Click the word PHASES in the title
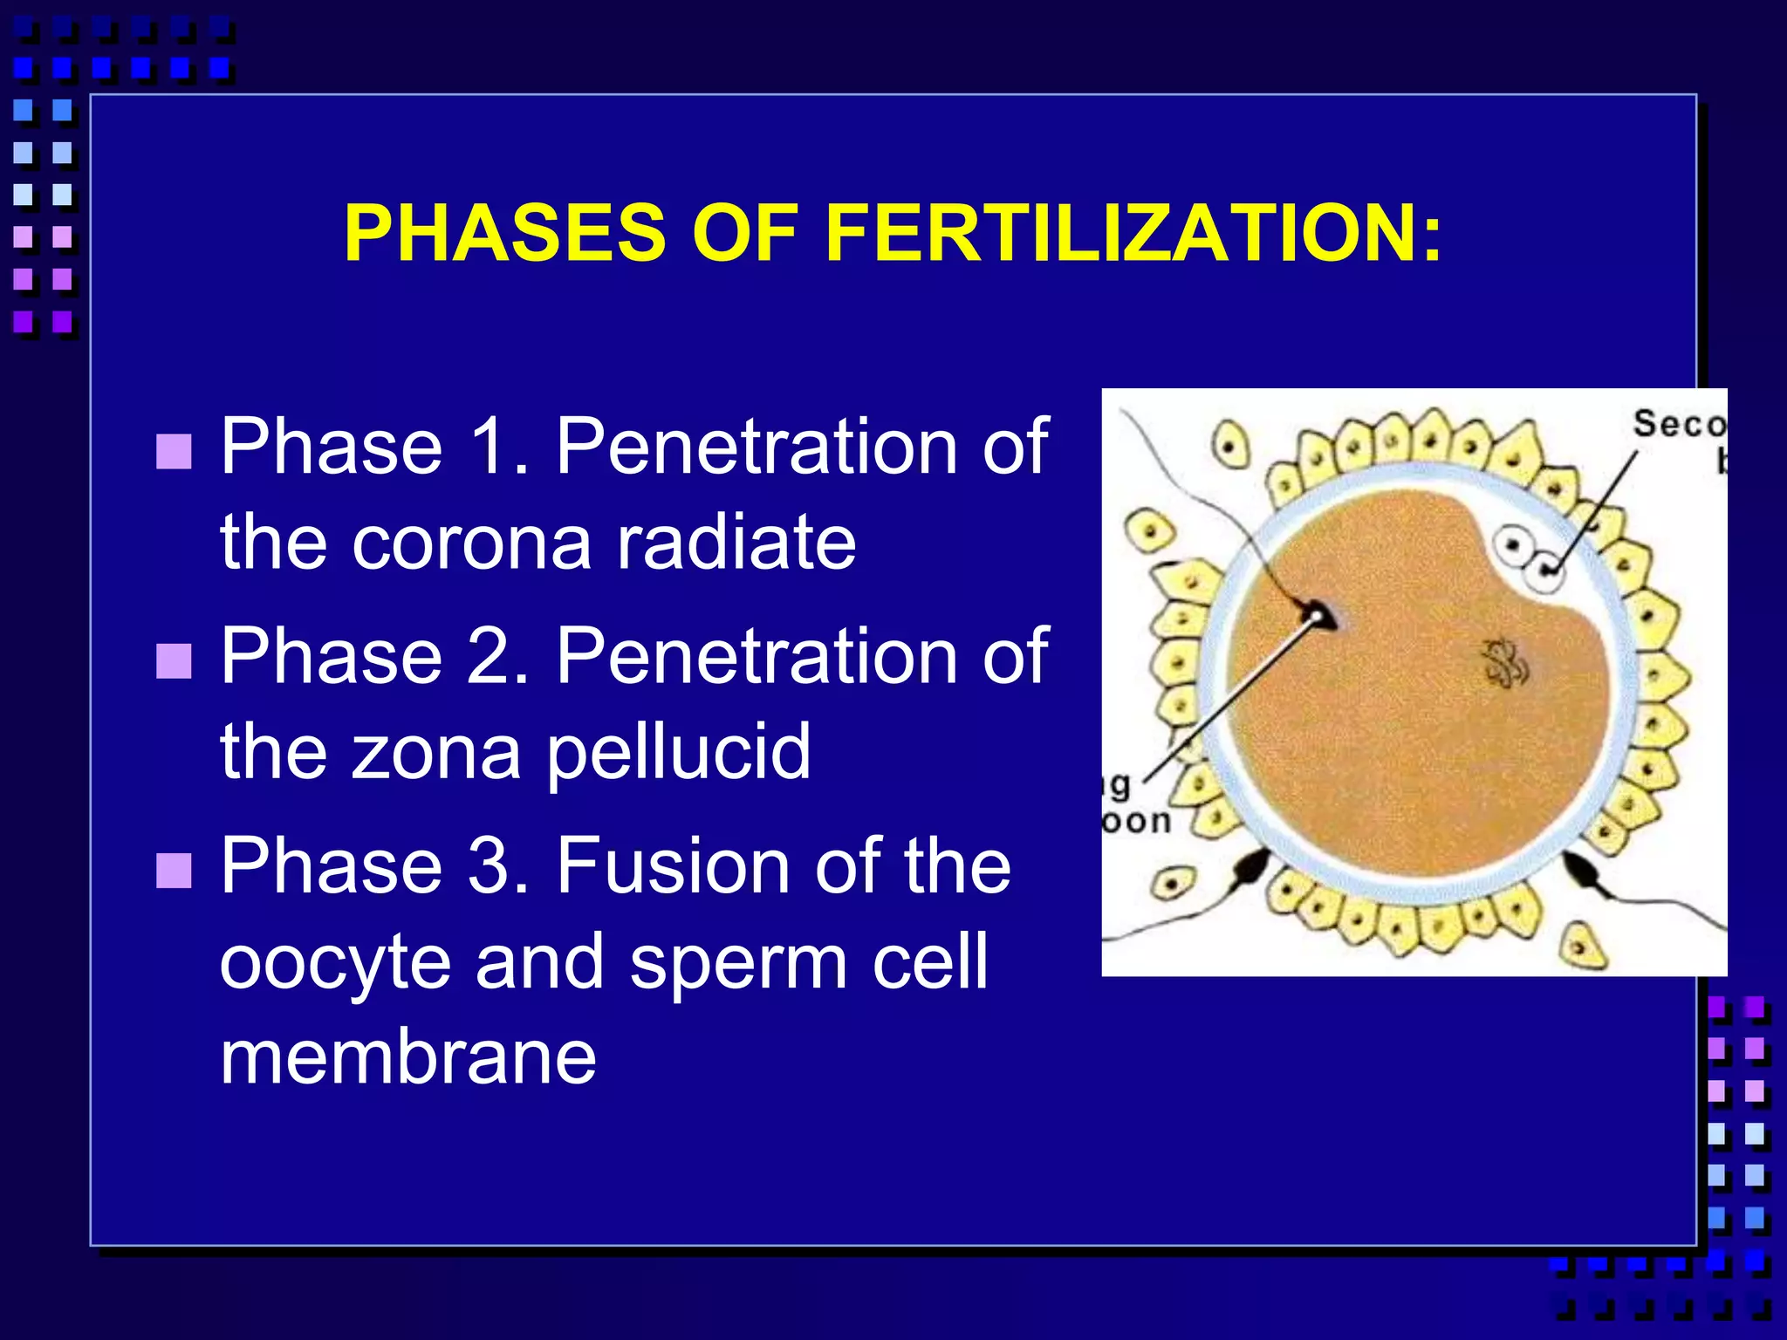(505, 233)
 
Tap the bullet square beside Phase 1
(174, 451)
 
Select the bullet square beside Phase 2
(174, 660)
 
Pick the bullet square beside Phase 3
(174, 870)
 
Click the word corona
(471, 543)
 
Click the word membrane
(407, 1057)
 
